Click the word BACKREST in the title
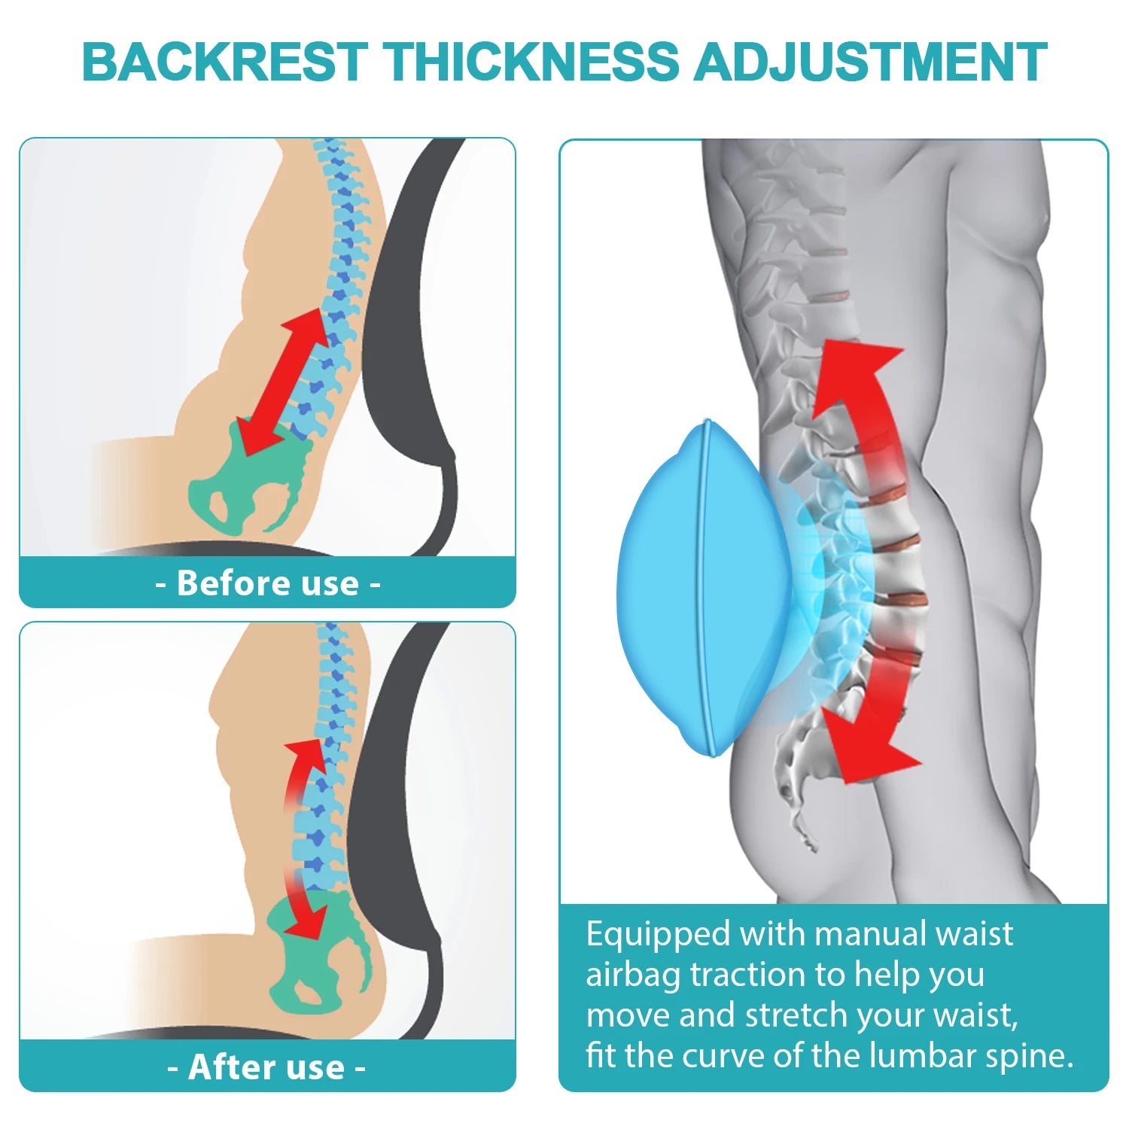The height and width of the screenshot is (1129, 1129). pos(224,62)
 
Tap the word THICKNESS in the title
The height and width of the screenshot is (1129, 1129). pos(531,62)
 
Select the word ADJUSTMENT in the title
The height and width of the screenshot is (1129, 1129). pos(870,62)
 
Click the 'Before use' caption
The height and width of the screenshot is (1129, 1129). pos(267,583)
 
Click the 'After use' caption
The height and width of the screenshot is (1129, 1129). pos(267,1067)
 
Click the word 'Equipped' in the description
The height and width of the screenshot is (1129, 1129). pos(659,935)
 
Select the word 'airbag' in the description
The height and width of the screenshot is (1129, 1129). pos(633,975)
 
